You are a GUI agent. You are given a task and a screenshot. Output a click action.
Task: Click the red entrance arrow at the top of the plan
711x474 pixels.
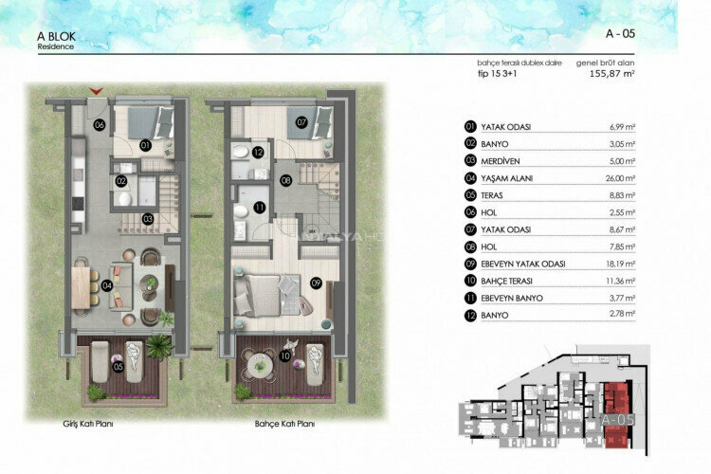click(96, 91)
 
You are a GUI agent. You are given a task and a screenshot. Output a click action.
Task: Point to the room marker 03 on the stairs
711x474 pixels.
click(148, 218)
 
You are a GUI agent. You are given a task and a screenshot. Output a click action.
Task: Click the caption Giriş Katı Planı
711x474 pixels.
click(87, 425)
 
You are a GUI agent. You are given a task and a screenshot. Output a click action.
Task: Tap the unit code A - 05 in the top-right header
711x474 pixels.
click(620, 33)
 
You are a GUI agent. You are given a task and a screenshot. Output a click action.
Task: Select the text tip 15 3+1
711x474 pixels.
click(497, 73)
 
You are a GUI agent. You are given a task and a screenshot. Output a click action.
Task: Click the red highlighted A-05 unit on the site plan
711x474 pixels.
click(617, 418)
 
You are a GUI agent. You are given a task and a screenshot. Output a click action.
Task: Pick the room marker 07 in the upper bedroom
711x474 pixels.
click(301, 122)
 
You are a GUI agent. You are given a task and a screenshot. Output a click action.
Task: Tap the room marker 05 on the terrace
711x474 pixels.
click(118, 367)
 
